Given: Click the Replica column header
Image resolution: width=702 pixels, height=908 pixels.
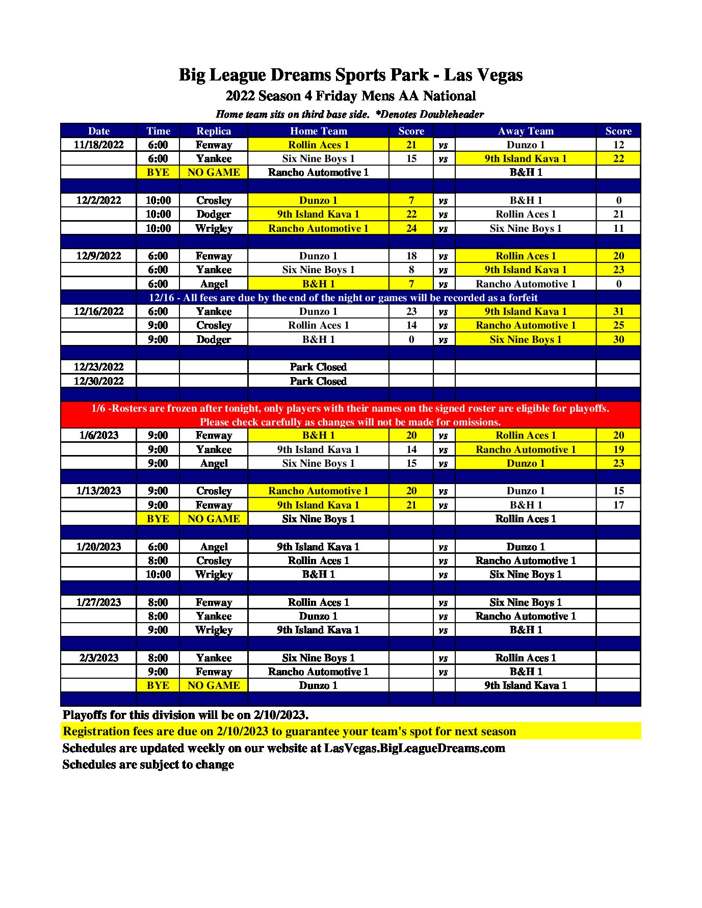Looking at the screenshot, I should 214,131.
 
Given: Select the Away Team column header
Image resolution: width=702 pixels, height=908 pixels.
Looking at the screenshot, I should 525,131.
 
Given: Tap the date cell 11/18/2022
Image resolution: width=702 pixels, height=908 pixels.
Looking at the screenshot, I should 98,145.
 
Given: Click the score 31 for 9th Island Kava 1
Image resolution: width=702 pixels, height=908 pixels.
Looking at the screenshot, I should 618,311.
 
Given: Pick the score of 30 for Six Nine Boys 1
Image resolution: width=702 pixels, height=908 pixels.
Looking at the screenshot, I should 618,339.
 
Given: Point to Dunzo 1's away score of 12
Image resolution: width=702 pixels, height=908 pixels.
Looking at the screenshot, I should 618,145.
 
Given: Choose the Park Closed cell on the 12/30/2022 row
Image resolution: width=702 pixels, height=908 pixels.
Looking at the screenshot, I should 318,381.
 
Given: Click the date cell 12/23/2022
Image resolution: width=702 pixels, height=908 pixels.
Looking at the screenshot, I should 98,367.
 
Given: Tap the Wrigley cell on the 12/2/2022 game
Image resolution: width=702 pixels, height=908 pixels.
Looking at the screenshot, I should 214,228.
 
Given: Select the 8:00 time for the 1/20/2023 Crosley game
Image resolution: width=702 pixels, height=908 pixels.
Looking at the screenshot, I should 158,560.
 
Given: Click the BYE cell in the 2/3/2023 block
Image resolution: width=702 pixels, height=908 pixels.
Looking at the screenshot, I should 158,685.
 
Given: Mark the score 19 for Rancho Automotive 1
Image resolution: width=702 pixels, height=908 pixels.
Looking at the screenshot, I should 618,449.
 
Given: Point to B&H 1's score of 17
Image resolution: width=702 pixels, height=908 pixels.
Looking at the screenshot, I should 618,505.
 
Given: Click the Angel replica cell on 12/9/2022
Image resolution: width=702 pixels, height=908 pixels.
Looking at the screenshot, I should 214,284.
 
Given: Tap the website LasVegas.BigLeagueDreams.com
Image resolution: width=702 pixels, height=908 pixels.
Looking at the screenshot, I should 414,748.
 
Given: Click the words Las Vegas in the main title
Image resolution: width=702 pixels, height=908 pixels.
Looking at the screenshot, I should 483,75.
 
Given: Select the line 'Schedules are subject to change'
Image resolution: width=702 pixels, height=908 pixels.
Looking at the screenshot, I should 148,764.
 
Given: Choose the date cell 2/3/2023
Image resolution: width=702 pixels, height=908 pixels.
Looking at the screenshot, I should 98,658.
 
